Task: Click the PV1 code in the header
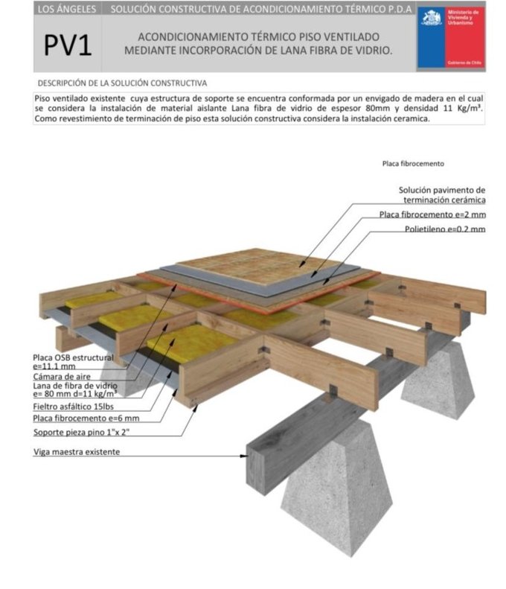[x=68, y=46]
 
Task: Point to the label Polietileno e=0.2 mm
[x=445, y=229]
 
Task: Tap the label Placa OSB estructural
[x=73, y=357]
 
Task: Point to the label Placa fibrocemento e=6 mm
[x=86, y=418]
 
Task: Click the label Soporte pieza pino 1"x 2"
[x=83, y=431]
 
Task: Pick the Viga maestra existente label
[x=76, y=451]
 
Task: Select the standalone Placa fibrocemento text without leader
[x=413, y=164]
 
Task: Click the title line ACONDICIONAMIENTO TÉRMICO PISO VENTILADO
[x=258, y=36]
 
